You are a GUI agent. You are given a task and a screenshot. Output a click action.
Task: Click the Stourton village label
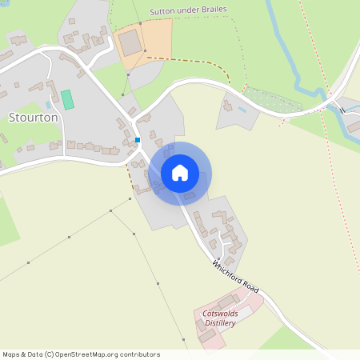point(33,117)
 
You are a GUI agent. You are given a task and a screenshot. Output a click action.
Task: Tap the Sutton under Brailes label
point(188,10)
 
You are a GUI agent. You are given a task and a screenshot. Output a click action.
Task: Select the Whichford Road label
point(237,277)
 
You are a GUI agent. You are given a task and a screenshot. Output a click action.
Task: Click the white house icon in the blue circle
point(179,173)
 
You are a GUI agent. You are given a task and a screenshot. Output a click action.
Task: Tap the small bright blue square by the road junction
point(138,140)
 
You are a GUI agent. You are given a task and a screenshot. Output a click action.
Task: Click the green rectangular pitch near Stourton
point(67,100)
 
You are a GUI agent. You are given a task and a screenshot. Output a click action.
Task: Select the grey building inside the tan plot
point(128,42)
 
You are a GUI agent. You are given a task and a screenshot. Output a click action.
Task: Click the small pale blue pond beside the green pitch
point(50,104)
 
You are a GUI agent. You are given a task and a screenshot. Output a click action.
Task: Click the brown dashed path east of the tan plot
point(192,60)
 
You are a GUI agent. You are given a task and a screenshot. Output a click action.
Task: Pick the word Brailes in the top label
point(211,10)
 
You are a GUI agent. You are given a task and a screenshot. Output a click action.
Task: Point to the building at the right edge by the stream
point(352,126)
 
